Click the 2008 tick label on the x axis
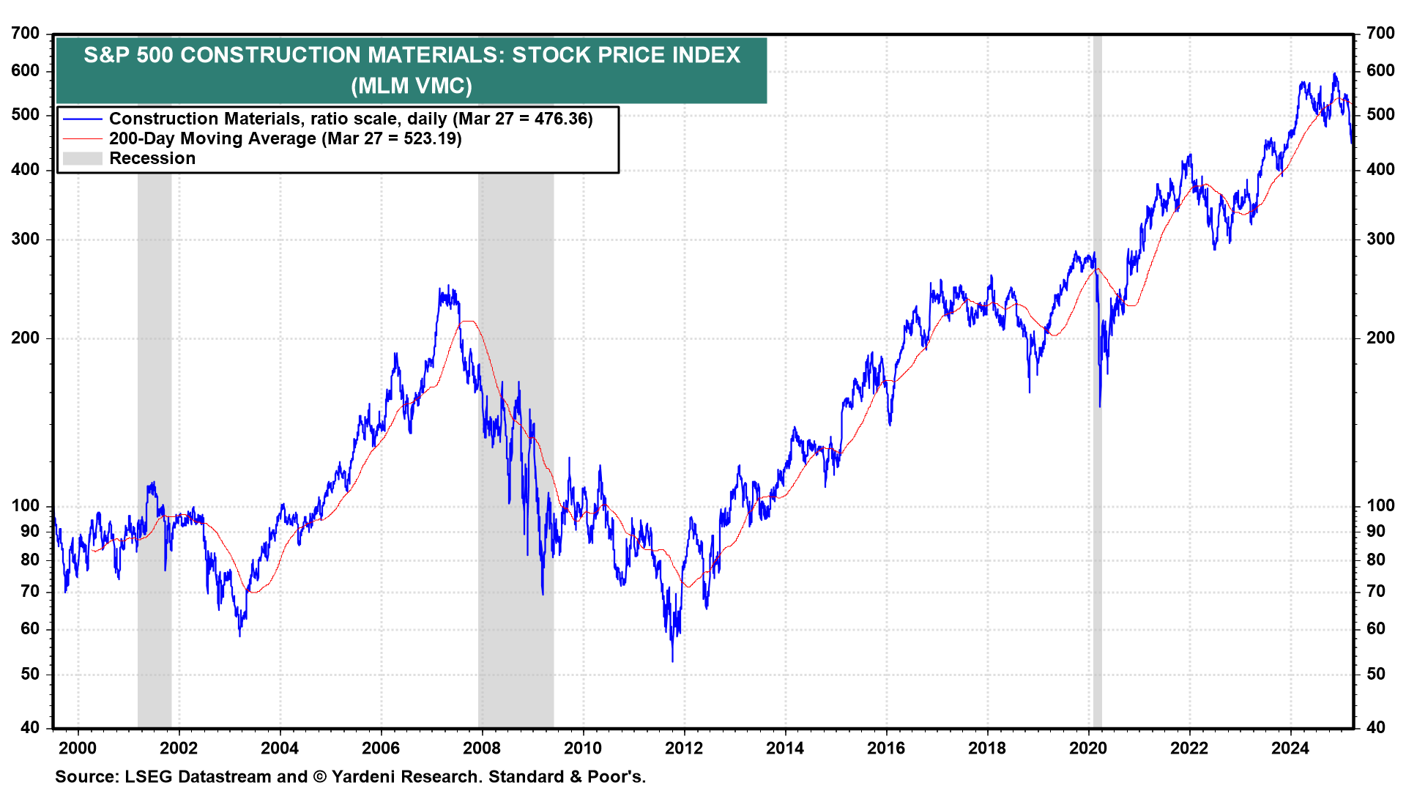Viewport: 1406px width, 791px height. point(482,748)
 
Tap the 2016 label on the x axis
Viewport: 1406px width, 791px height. point(886,748)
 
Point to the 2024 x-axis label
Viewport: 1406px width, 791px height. point(1290,748)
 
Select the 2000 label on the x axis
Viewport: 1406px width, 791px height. point(78,748)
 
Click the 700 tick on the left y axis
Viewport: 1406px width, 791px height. point(26,33)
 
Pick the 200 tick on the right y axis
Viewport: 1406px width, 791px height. point(1380,338)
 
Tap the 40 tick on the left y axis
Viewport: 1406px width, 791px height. point(30,727)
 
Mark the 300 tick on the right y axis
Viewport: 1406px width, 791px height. point(1380,239)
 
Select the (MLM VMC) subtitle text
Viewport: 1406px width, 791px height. point(412,86)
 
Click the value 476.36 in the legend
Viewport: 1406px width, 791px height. point(562,119)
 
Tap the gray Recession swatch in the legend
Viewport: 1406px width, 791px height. point(82,158)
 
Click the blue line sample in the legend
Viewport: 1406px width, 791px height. point(82,119)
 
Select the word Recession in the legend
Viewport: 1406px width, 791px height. point(152,158)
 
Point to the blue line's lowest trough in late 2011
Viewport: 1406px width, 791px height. point(672,661)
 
